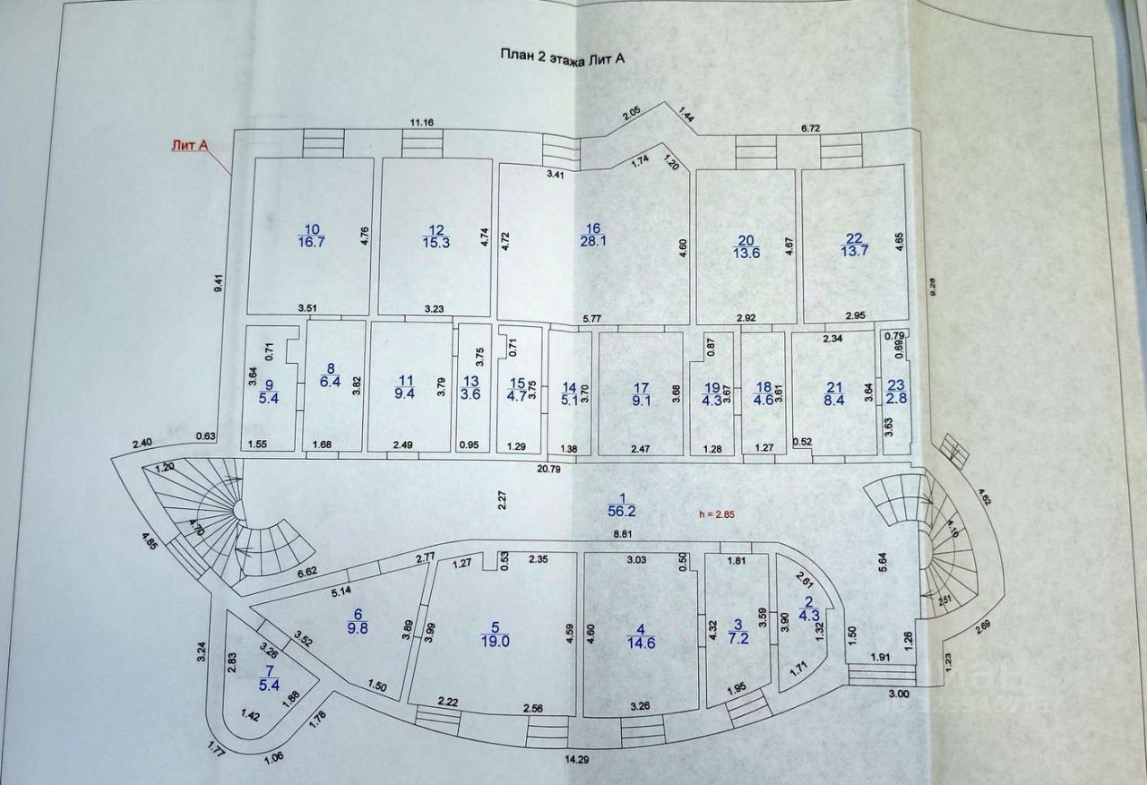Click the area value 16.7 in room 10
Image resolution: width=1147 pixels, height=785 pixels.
312,243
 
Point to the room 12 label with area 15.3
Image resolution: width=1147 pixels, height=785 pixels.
436,236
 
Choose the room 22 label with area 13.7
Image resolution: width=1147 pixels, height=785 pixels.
852,245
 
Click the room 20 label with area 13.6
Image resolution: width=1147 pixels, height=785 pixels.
746,246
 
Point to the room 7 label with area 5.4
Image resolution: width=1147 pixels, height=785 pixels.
269,678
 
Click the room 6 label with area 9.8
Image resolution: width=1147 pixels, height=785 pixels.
358,621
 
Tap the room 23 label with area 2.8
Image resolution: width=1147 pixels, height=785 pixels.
895,392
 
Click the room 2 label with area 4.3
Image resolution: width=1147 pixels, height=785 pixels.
809,608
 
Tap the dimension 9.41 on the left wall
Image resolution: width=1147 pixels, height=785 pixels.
218,282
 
